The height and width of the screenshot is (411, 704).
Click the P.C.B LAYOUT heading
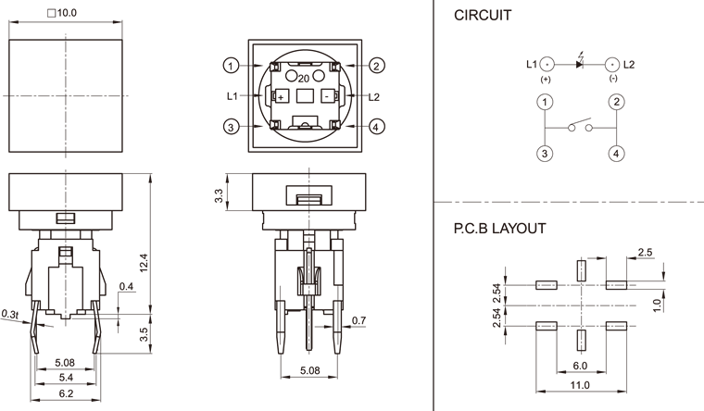pos(499,228)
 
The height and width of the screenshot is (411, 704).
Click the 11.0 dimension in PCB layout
pos(581,384)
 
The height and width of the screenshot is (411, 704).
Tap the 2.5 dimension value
pos(646,253)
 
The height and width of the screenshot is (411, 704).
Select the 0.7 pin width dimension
pos(358,321)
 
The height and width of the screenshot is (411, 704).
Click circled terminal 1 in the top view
pos(232,65)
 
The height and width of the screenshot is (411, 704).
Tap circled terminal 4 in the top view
pos(377,127)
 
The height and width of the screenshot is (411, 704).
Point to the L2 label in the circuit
pos(629,64)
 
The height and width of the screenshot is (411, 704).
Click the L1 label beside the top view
pos(232,96)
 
